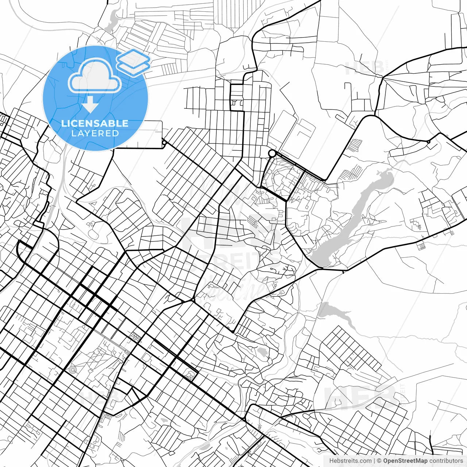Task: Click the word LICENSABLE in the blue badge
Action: [x=95, y=123]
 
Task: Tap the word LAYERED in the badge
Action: [x=95, y=134]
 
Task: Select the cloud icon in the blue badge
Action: [x=94, y=76]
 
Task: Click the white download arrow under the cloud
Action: [x=90, y=106]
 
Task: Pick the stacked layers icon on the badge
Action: [x=134, y=62]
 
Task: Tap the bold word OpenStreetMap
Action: [x=405, y=460]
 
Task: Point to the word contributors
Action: [x=446, y=460]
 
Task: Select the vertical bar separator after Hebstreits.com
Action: [x=374, y=460]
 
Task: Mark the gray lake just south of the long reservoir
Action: [x=334, y=312]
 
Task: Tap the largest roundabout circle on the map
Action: [x=272, y=153]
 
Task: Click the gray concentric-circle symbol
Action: [x=73, y=370]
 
